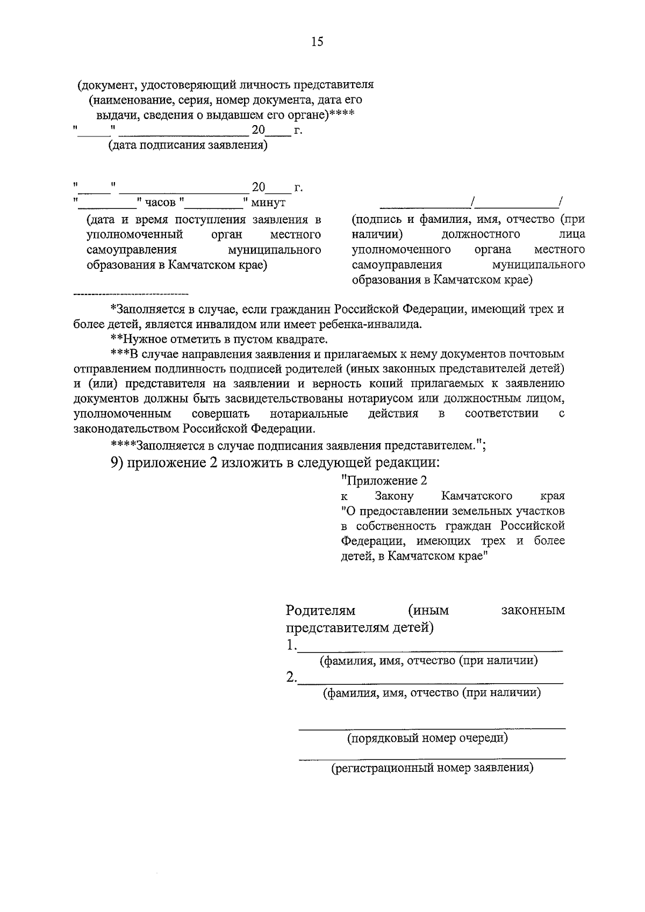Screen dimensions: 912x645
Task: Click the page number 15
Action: (317, 42)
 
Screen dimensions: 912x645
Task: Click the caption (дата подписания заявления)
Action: (188, 146)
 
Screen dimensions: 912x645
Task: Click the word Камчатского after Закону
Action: (476, 495)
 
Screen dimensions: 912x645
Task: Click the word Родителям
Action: (321, 610)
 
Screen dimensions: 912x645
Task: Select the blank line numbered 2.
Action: (430, 681)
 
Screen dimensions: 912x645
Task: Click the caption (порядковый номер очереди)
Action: (427, 738)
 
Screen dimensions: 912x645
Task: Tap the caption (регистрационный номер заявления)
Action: (432, 768)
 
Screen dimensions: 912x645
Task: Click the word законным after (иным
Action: (533, 610)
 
